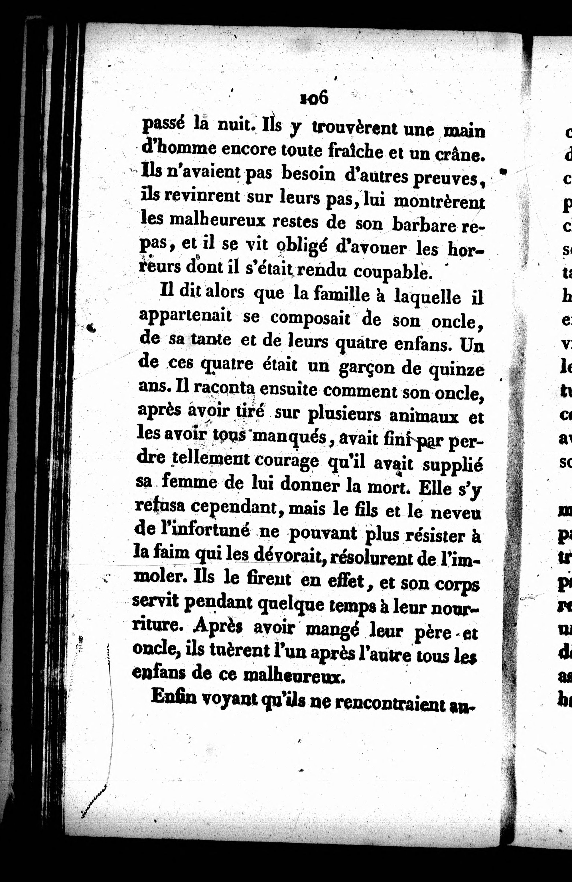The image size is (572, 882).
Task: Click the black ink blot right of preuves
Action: pos(503,171)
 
